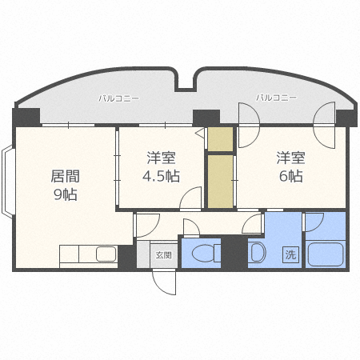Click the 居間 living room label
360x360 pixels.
pyautogui.click(x=66, y=176)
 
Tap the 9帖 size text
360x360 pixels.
pyautogui.click(x=66, y=194)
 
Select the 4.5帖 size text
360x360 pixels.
pyautogui.click(x=161, y=176)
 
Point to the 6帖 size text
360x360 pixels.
pyautogui.click(x=291, y=176)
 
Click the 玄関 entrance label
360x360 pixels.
pyautogui.click(x=163, y=255)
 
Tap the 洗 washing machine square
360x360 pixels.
pyautogui.click(x=290, y=254)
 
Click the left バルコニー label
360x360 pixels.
pyautogui.click(x=119, y=98)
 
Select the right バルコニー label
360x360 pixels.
pyautogui.click(x=276, y=98)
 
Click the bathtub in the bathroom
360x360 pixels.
pyautogui.click(x=326, y=254)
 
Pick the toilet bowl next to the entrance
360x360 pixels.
pyautogui.click(x=203, y=254)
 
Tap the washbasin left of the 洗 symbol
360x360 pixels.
pyautogui.click(x=258, y=252)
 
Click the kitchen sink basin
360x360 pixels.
pyautogui.click(x=106, y=254)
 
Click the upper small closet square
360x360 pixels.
pyautogui.click(x=221, y=139)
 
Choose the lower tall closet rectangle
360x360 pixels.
pyautogui.click(x=221, y=182)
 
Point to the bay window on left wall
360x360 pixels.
pyautogui.click(x=7, y=181)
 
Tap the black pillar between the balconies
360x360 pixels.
pyautogui.click(x=206, y=118)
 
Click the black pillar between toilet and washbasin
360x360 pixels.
pyautogui.click(x=234, y=252)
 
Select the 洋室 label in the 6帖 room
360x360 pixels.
pyautogui.click(x=290, y=158)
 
